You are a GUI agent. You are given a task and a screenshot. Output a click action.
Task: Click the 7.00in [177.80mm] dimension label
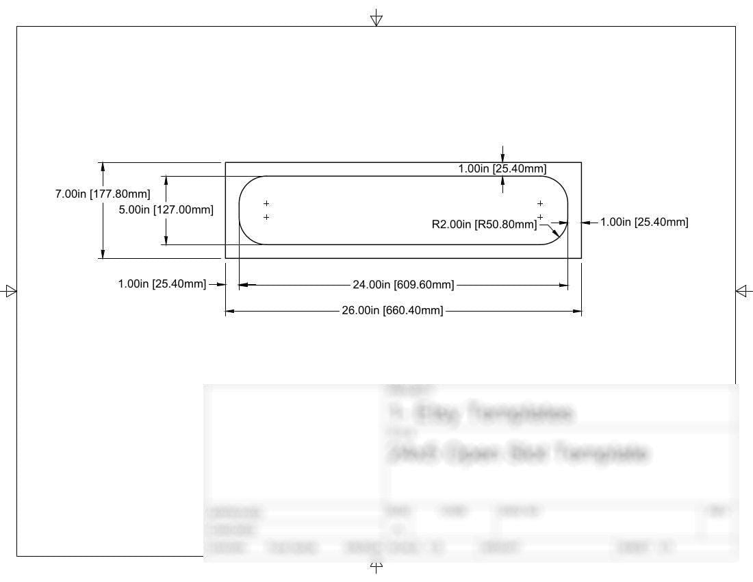click(x=103, y=194)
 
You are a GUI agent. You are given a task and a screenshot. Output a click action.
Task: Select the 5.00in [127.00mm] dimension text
click(x=166, y=210)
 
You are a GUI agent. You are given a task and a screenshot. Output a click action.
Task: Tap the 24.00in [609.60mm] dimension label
click(x=403, y=285)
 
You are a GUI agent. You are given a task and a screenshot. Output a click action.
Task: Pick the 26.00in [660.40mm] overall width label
click(x=392, y=311)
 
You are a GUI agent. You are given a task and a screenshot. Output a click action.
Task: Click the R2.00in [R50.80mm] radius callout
click(x=485, y=224)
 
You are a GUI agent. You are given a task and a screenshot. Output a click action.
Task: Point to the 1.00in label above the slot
click(x=502, y=168)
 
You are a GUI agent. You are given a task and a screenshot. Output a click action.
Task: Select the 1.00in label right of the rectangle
click(x=644, y=222)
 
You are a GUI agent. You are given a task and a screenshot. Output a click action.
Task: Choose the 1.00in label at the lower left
click(x=162, y=284)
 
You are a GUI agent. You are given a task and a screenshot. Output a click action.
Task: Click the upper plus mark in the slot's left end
click(x=266, y=203)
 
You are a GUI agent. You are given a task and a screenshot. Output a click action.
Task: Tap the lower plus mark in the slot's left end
click(x=266, y=217)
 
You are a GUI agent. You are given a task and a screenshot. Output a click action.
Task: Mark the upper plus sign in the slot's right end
click(x=540, y=203)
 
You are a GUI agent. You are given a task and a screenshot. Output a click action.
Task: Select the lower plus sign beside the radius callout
click(x=540, y=217)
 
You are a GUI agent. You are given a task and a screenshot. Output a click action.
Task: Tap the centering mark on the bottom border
click(x=376, y=565)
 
